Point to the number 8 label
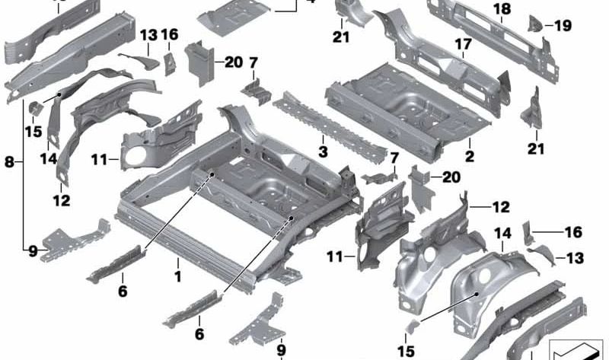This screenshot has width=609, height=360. coord(9,161)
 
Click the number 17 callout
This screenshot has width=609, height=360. coord(464,45)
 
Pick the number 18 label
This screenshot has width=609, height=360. coord(501,8)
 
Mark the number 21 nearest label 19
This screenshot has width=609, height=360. coord(537,148)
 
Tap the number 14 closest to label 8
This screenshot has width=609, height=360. coord(49,158)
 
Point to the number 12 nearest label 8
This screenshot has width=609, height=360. coord(62,201)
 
